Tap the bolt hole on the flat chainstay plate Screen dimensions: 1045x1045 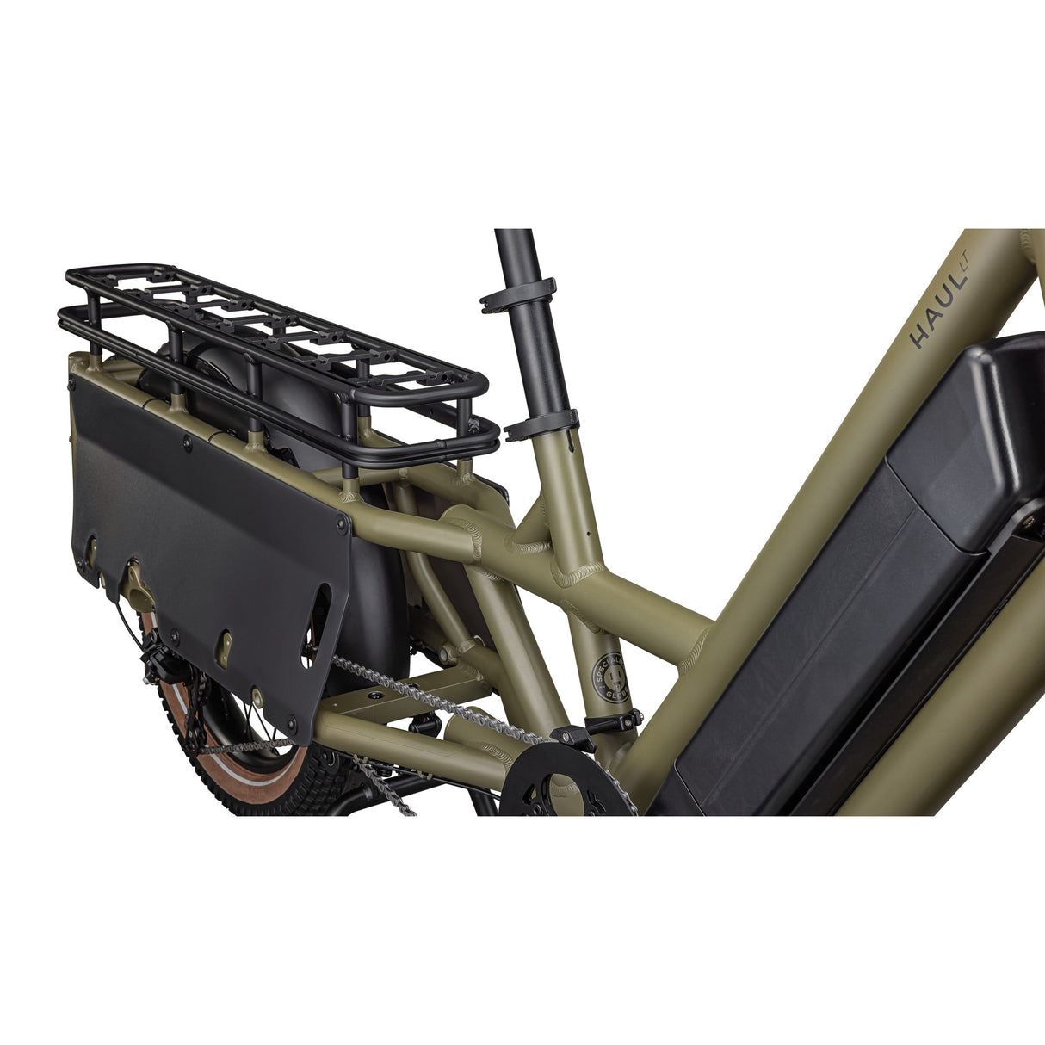point(376,692)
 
